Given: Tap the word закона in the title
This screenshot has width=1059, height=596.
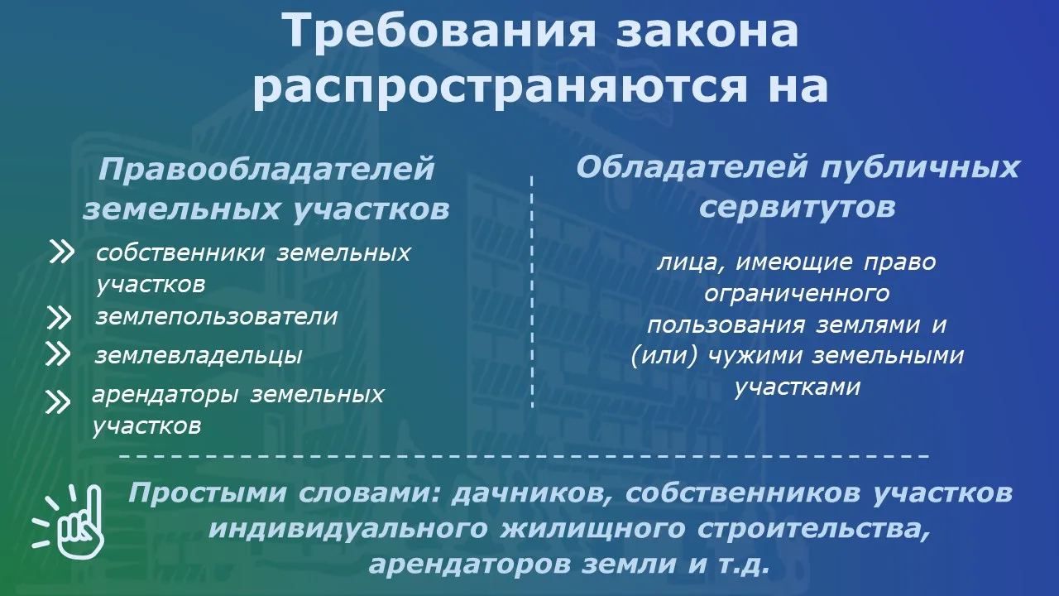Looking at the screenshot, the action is [707, 31].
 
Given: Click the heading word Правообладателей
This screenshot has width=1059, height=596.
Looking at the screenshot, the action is [266, 170].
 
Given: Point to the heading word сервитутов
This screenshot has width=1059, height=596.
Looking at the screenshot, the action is [798, 207].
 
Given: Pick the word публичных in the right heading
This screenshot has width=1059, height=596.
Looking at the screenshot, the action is [920, 168].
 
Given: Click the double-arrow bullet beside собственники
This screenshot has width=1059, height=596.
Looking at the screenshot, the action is [62, 252].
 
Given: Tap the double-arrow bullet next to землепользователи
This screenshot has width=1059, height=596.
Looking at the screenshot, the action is [60, 317].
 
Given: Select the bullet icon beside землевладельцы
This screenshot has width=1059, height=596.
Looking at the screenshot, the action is [58, 354].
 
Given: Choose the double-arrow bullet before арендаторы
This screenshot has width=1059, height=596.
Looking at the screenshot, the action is [58, 402].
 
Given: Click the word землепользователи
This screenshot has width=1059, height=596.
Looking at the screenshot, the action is [217, 316].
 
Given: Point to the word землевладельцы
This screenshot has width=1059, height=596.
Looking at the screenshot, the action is [199, 356].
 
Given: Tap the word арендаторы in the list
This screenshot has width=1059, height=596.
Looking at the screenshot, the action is [165, 396].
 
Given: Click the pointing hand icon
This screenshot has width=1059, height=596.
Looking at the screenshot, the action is [69, 522].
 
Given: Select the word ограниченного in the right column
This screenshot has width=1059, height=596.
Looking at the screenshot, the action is [797, 294].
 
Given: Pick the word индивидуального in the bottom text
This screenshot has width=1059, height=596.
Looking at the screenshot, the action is [348, 529].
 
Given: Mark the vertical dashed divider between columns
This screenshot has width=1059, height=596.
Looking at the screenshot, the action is [532, 292].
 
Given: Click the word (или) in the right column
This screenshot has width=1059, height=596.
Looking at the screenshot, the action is [664, 356].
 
